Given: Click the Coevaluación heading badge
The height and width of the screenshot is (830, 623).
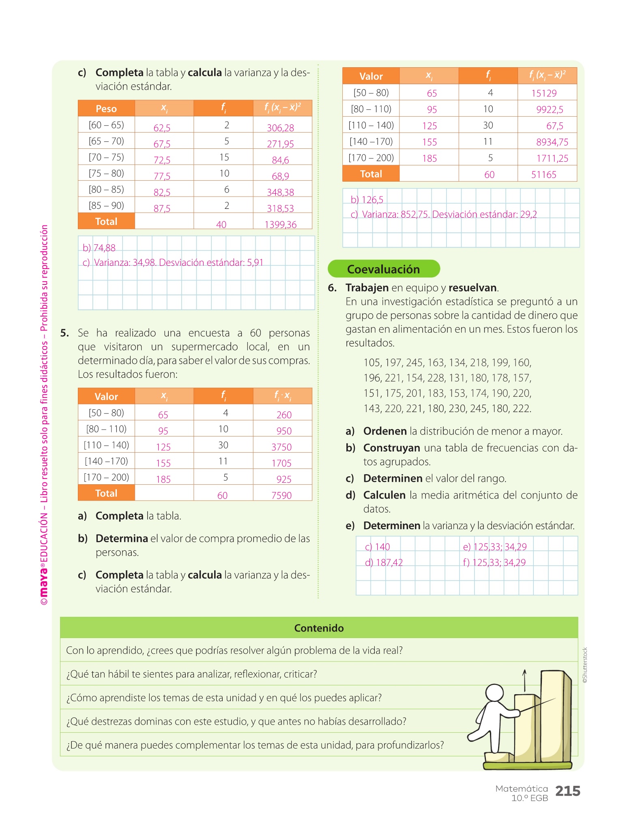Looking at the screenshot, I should (x=383, y=269).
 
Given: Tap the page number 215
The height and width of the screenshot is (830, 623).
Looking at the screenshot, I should (x=567, y=791).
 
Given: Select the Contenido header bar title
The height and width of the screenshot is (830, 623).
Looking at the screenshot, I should (x=319, y=628).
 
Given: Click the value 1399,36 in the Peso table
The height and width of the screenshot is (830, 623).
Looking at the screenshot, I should (x=280, y=225).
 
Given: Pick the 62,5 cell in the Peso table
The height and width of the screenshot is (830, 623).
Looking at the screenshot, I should (x=162, y=128).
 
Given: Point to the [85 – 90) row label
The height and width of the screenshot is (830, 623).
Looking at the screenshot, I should (x=106, y=206).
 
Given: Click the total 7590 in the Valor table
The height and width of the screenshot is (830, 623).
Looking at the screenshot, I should (x=281, y=495).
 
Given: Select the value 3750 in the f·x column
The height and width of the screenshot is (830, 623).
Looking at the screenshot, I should (x=281, y=447).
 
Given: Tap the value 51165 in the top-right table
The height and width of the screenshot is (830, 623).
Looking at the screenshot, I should (x=544, y=175).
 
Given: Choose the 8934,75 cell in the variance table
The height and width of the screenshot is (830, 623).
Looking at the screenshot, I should (x=552, y=142).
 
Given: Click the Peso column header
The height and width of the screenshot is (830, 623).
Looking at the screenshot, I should (x=106, y=109).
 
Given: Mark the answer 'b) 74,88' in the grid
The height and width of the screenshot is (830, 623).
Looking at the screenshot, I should (x=99, y=248).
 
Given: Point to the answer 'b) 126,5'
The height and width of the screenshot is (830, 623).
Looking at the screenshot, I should (x=367, y=200).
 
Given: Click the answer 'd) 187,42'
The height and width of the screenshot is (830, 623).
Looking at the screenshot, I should (x=384, y=563).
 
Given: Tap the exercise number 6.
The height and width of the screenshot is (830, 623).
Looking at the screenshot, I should (x=332, y=288).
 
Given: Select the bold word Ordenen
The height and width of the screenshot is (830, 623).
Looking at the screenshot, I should (x=385, y=431).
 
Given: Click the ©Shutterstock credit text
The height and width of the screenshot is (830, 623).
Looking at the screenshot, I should (x=585, y=665).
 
